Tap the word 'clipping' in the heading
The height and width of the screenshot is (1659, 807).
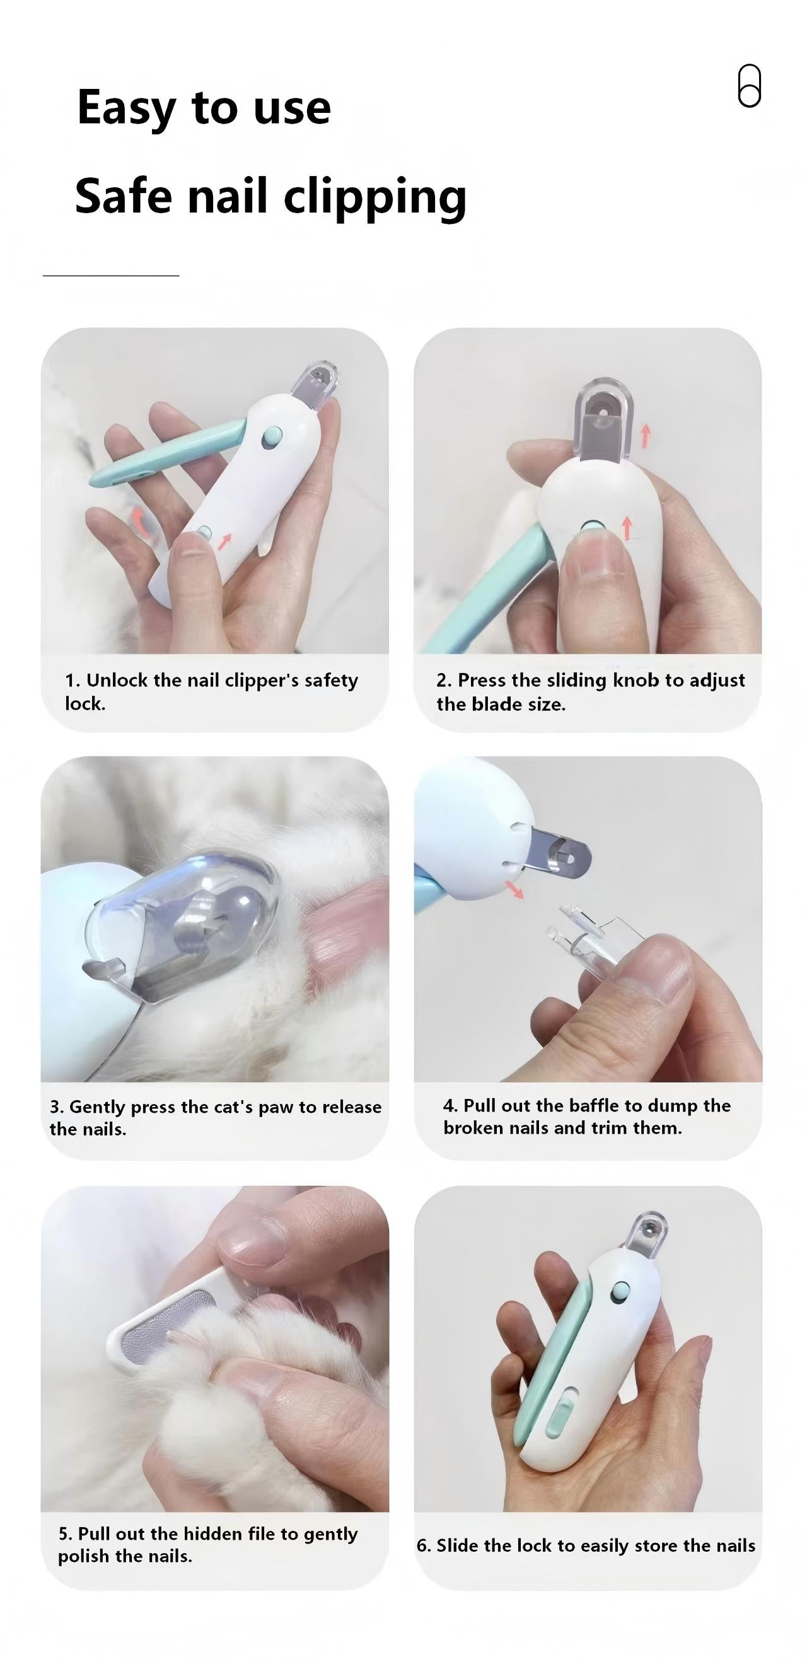point(375,197)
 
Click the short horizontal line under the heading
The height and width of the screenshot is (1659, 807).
point(111,276)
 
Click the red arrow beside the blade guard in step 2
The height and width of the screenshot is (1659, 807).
point(646,435)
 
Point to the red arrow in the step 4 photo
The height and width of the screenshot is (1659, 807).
point(514,889)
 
